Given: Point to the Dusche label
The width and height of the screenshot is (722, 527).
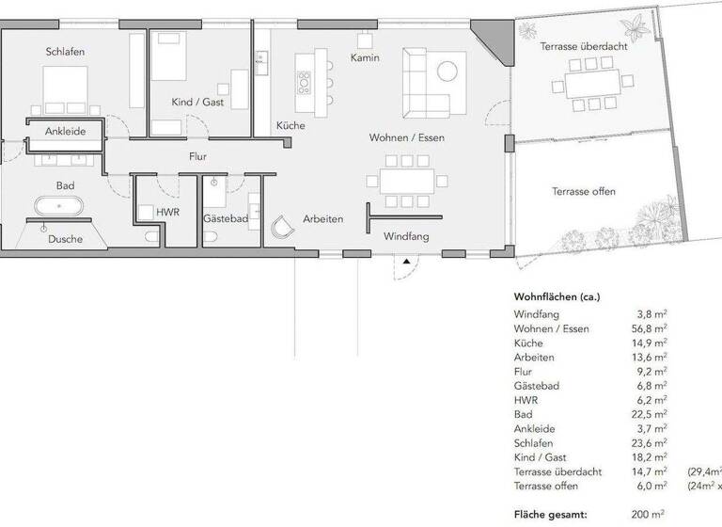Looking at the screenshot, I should pyautogui.click(x=65, y=239).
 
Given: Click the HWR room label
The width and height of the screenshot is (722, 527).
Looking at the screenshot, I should pyautogui.click(x=168, y=213).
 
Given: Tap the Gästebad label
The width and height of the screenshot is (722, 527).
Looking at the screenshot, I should pyautogui.click(x=225, y=218).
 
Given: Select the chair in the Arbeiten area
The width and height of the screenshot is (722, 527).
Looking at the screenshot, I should pyautogui.click(x=281, y=226).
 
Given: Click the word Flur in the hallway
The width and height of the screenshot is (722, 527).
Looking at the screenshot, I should pyautogui.click(x=196, y=157).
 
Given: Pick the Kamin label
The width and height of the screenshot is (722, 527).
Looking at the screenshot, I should pyautogui.click(x=364, y=58).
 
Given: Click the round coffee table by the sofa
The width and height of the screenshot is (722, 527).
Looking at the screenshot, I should pyautogui.click(x=448, y=68).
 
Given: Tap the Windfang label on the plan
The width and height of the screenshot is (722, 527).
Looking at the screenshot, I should pyautogui.click(x=406, y=236).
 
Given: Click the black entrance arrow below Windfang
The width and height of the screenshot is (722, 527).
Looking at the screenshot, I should pyautogui.click(x=406, y=262).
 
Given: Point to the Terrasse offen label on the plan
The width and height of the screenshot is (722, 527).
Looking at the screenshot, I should pyautogui.click(x=584, y=191).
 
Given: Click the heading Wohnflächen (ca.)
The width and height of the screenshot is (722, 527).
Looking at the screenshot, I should pyautogui.click(x=557, y=296).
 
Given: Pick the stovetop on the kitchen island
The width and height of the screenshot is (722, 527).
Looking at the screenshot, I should pyautogui.click(x=304, y=83).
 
